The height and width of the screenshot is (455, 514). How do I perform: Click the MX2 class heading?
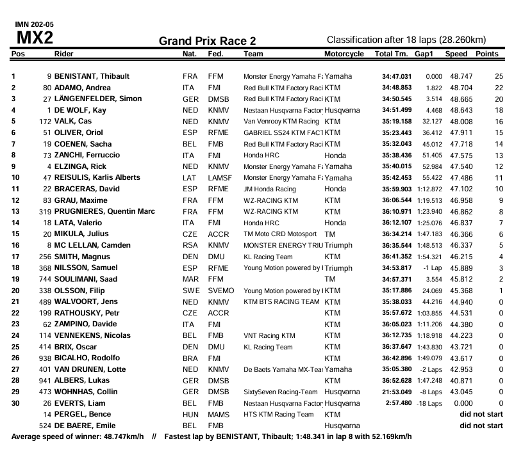click(x=34, y=38)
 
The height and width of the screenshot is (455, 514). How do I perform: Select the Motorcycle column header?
click(x=344, y=54)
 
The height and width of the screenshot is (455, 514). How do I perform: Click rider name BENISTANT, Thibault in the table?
click(x=92, y=76)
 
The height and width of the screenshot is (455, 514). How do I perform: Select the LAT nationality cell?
click(x=189, y=177)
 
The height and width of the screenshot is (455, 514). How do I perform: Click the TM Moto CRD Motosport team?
click(x=279, y=234)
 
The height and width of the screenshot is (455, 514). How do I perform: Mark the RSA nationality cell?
click(x=190, y=245)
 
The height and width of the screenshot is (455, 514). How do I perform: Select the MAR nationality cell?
click(x=190, y=279)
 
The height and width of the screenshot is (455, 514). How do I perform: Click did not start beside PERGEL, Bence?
click(x=481, y=415)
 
